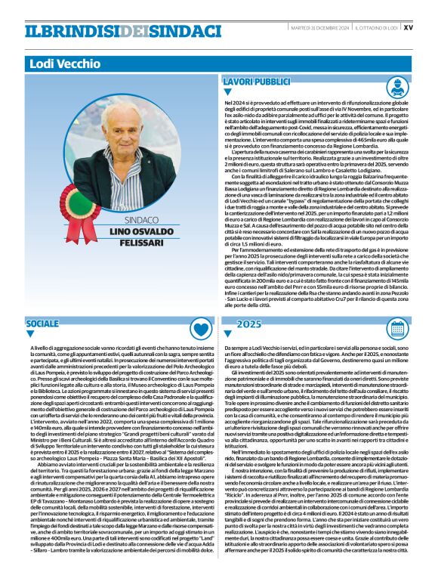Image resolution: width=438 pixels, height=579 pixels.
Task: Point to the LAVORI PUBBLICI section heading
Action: pos(258,81)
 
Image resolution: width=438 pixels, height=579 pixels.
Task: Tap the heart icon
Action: pos(201,327)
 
